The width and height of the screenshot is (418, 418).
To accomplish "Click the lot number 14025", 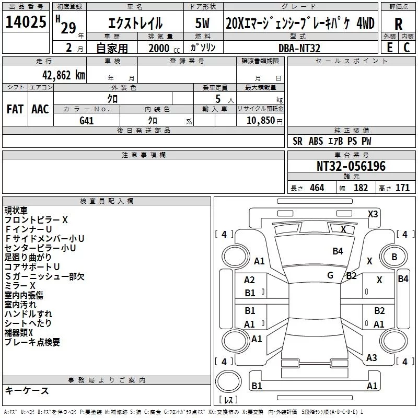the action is tap(26, 22).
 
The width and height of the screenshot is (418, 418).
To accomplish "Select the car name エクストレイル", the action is tap(135, 24).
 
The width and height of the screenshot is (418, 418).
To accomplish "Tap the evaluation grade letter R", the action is tap(399, 24).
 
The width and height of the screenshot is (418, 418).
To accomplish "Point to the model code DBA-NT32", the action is tap(299, 48).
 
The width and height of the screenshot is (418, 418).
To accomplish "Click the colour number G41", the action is tap(87, 120).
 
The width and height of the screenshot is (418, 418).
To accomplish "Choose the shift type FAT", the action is tap(15, 109).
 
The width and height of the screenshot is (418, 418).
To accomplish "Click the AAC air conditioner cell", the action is tap(40, 109).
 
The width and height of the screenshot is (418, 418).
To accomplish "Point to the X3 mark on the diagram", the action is tap(373, 214).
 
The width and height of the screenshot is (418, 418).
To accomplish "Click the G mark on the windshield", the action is tap(330, 275).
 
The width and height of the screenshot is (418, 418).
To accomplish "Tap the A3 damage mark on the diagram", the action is tap(371, 358).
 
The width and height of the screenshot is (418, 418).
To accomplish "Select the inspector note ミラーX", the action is tap(20, 286).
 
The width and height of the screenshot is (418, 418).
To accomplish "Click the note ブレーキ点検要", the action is tap(32, 342).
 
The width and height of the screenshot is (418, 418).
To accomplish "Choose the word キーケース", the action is tap(27, 391).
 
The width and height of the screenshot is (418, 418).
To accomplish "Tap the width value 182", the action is tap(361, 188).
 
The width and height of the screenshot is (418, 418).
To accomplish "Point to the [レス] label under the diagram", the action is tap(228, 401).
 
